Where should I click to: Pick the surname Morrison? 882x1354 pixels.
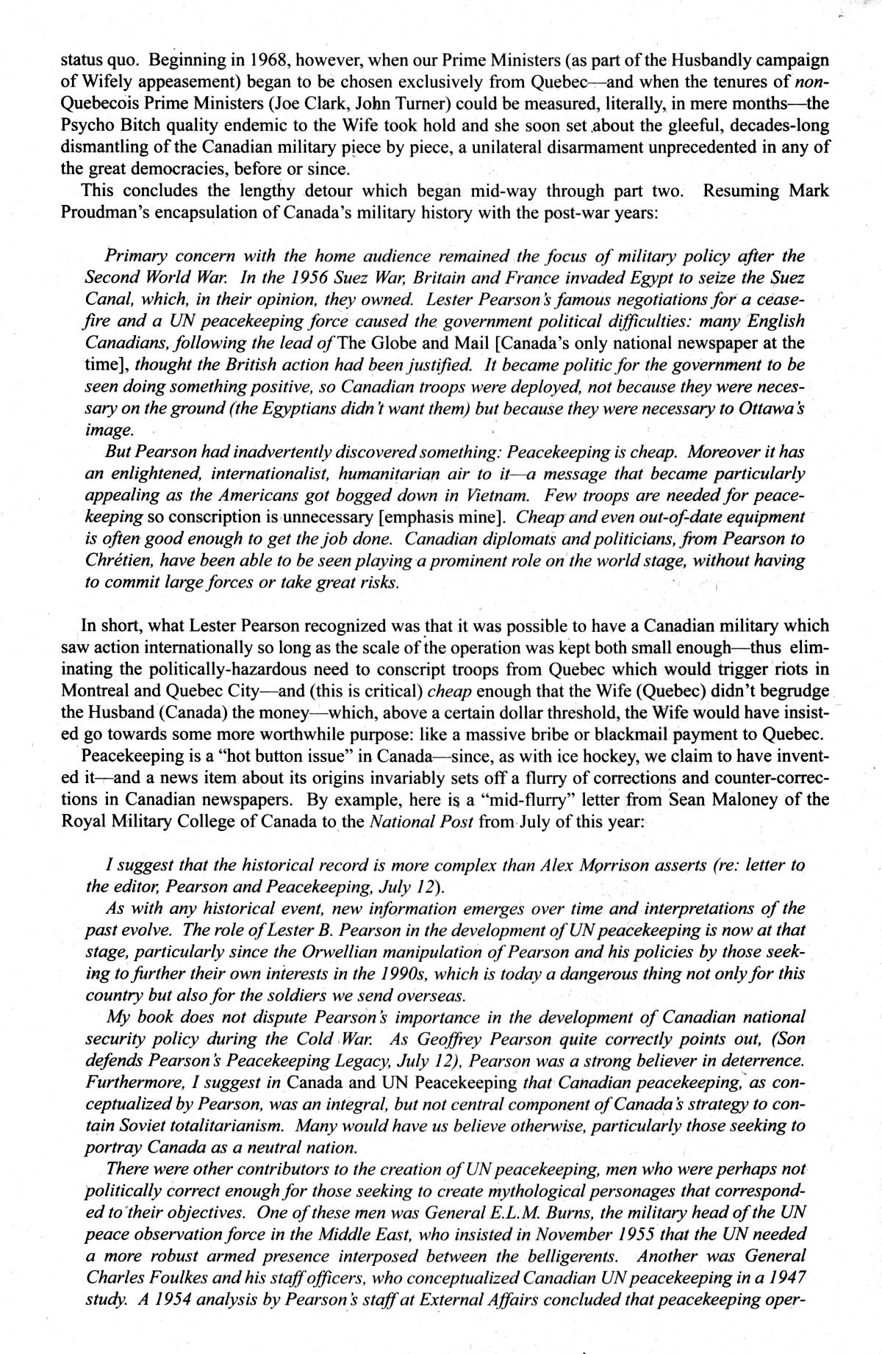click(605, 865)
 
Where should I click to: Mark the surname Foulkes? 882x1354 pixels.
click(174, 1278)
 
